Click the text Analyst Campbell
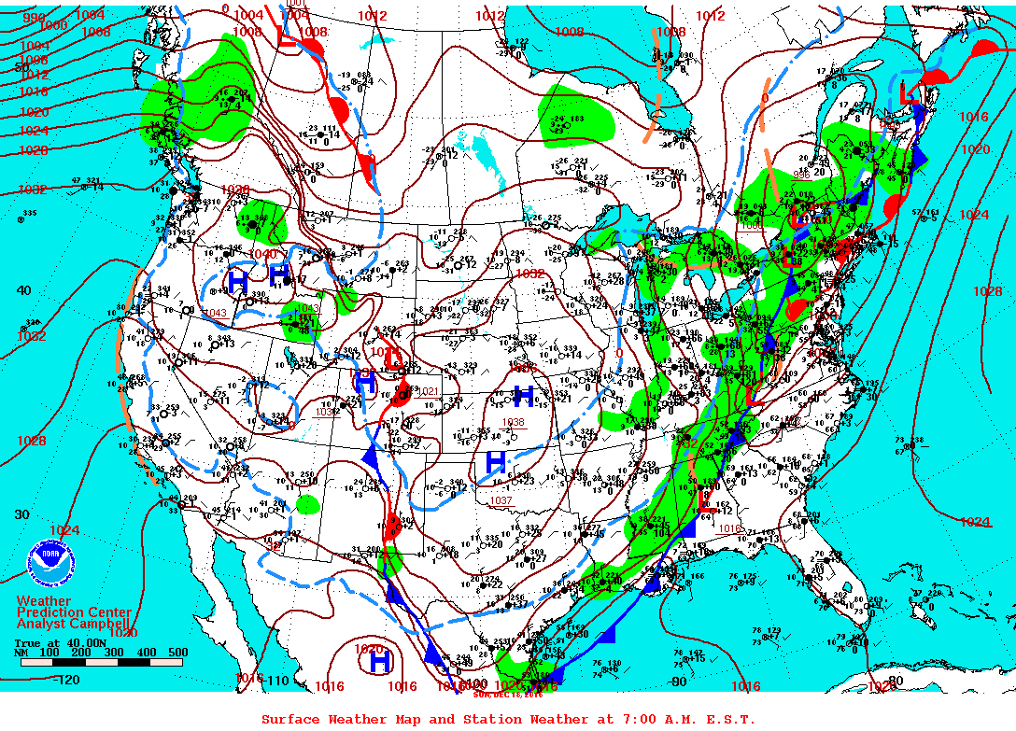coord(73,624)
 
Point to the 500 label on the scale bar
coord(176,653)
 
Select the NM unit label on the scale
coord(21,653)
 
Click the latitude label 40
coord(22,290)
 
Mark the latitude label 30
coord(22,514)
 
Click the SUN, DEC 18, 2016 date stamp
coord(506,694)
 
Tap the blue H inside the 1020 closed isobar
coord(379,661)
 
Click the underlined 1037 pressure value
coord(501,501)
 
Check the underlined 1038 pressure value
coord(513,422)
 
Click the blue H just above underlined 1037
coord(496,461)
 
